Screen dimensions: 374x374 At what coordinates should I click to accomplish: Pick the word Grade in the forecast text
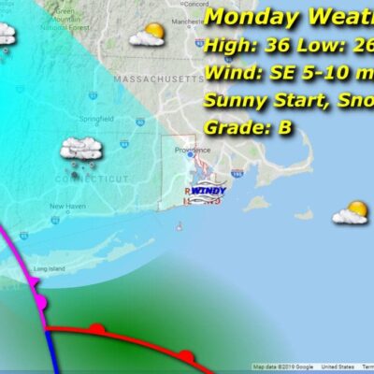[x=234, y=129]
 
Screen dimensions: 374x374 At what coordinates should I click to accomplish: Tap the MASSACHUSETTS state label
[x=150, y=82]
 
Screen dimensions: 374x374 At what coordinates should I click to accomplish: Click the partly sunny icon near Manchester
[x=148, y=36]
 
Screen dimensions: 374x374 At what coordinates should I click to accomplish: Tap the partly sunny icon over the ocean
[x=351, y=212]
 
